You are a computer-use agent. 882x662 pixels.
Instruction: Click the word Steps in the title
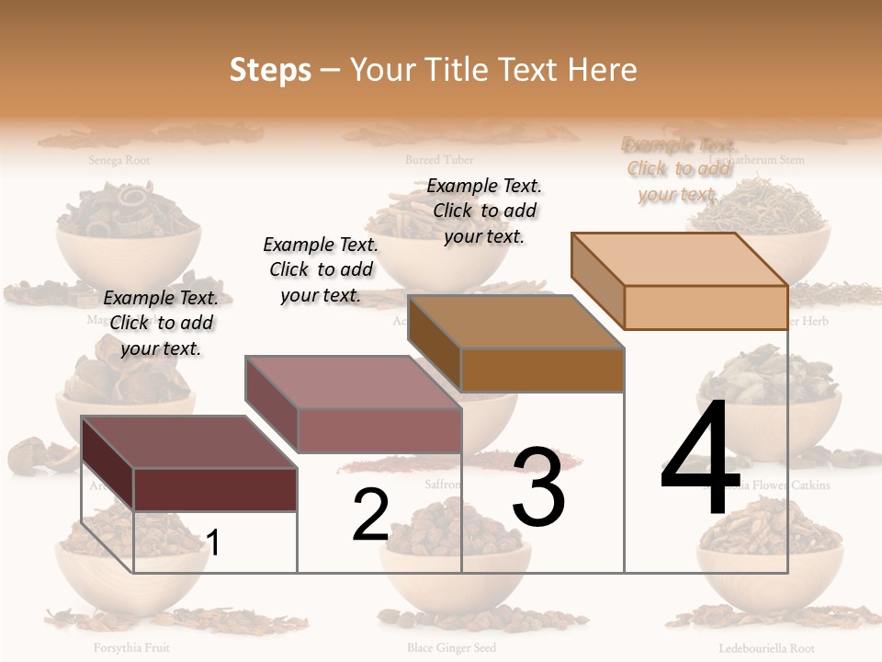pyautogui.click(x=270, y=70)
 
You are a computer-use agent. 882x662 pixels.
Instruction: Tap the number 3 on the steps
pyautogui.click(x=538, y=487)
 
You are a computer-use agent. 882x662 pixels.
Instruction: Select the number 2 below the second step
pyautogui.click(x=370, y=515)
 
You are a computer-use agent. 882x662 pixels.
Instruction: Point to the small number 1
pyautogui.click(x=213, y=542)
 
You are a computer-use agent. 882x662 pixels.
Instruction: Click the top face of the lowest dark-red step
pyautogui.click(x=189, y=441)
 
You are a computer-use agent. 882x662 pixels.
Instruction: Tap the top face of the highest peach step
pyautogui.click(x=680, y=259)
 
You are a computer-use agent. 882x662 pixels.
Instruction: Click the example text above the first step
pyautogui.click(x=161, y=323)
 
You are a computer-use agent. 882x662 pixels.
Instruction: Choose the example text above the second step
pyautogui.click(x=321, y=269)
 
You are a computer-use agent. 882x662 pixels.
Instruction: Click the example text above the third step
pyautogui.click(x=484, y=211)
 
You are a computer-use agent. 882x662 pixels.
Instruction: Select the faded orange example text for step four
pyautogui.click(x=679, y=169)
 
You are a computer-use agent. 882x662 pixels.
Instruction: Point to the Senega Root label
pyautogui.click(x=119, y=160)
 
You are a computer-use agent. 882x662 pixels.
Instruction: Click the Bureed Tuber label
pyautogui.click(x=440, y=160)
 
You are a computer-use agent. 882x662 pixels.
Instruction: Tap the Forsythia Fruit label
pyautogui.click(x=130, y=647)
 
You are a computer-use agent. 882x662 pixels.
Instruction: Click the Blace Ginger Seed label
pyautogui.click(x=451, y=647)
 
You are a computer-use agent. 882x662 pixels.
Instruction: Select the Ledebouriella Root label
pyautogui.click(x=766, y=647)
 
